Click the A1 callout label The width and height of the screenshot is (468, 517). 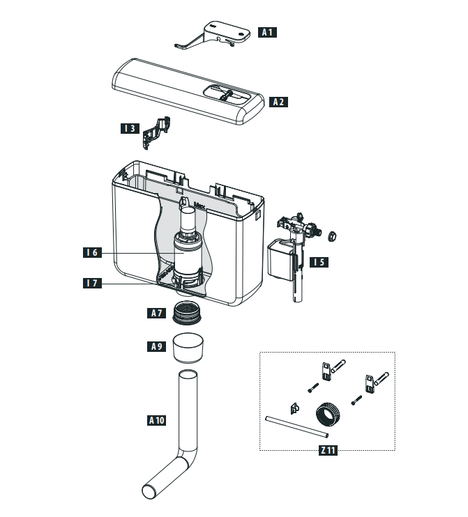point(268,31)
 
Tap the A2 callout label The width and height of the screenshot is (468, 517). point(278,102)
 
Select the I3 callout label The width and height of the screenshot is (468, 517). point(129,128)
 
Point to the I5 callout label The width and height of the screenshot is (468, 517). point(319,263)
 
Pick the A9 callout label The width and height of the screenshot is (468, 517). point(157,346)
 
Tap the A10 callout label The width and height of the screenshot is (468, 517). point(157,420)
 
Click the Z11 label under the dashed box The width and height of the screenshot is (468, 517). point(327,451)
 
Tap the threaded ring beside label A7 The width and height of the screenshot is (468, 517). point(190,313)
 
